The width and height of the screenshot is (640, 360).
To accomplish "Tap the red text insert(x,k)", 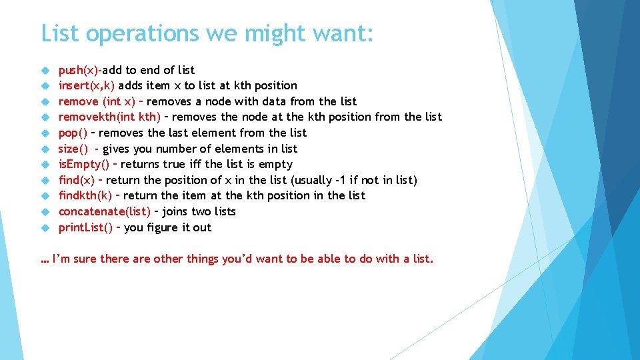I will tap(87, 85).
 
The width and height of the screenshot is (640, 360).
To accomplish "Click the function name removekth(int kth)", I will tap(109, 117).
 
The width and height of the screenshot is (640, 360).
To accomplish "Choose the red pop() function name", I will tap(73, 133).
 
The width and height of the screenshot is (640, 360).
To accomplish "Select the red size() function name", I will tap(73, 149).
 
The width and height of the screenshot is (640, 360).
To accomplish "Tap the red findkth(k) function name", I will tap(85, 195).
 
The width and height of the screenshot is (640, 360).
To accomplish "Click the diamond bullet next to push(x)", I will tap(45, 70).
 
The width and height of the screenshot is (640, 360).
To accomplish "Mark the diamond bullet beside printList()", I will tap(45, 227).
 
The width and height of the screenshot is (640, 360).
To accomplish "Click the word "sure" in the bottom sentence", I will tap(85, 259).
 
